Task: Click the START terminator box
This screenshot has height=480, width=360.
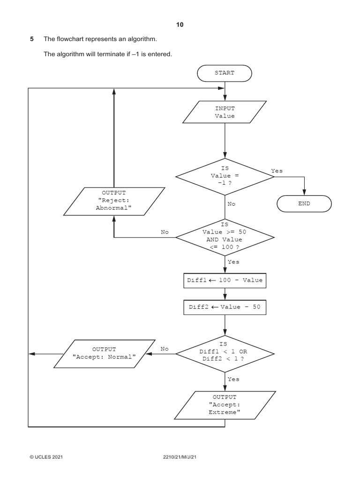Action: tap(225, 73)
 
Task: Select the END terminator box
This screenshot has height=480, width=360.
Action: tap(304, 204)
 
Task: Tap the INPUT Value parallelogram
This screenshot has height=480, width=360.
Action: tap(225, 112)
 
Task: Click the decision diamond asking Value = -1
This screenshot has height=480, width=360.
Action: tap(225, 176)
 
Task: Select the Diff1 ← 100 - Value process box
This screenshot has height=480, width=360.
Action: tap(225, 281)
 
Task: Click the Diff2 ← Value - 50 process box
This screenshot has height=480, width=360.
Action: tap(225, 307)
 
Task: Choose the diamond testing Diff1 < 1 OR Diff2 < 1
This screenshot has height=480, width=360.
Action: tap(225, 354)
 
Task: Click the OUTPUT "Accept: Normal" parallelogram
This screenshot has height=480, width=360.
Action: tap(104, 353)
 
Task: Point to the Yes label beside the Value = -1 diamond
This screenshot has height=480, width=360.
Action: tap(277, 171)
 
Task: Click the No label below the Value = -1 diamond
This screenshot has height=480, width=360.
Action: tap(232, 204)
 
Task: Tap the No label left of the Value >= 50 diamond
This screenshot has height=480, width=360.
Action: tap(165, 232)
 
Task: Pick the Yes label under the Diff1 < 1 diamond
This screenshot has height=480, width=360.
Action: tap(233, 379)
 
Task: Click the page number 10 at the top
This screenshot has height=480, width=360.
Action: tap(180, 25)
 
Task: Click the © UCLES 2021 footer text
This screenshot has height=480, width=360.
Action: tap(46, 457)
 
